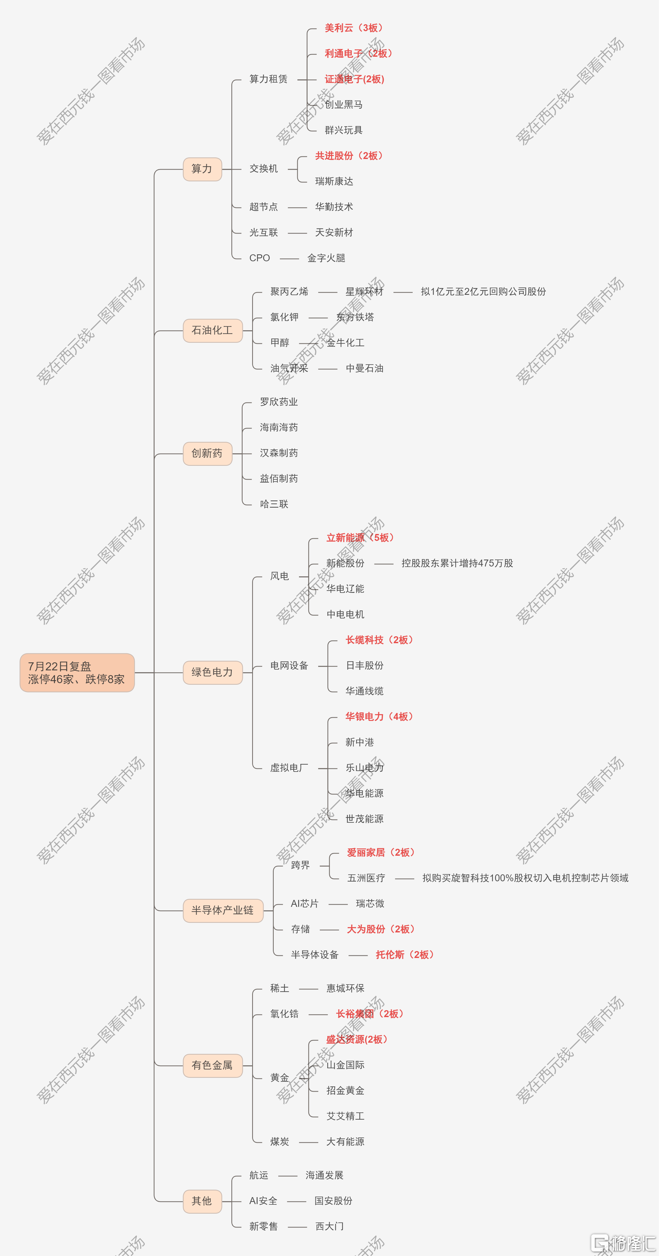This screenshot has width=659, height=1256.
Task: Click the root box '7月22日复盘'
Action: (x=77, y=672)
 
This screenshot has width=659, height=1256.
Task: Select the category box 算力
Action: (x=202, y=169)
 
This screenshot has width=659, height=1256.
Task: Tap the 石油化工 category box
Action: (x=212, y=331)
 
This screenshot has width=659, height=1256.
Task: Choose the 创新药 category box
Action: (x=208, y=454)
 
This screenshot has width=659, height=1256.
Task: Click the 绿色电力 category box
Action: (x=212, y=672)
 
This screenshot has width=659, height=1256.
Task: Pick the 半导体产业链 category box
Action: (x=223, y=910)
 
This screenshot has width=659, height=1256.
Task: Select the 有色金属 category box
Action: (x=212, y=1065)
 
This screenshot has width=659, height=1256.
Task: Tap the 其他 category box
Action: (x=202, y=1201)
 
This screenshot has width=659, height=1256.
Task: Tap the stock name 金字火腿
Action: (x=326, y=258)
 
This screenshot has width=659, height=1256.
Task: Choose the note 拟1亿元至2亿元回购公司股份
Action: (x=483, y=292)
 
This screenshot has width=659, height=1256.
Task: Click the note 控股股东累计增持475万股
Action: (x=457, y=563)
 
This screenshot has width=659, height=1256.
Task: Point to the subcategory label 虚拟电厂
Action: (x=289, y=768)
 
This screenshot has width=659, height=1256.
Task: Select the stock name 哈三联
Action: (x=274, y=504)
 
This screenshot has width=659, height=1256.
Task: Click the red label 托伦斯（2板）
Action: (x=404, y=955)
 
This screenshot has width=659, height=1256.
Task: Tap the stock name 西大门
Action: (x=330, y=1226)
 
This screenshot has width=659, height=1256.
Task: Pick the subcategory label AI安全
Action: (x=263, y=1201)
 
